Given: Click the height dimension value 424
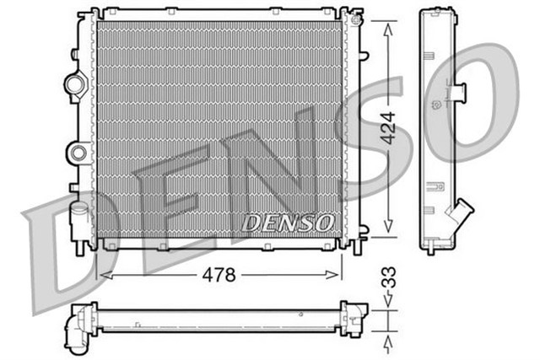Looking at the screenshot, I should coord(387,126).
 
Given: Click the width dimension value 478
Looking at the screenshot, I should coord(218,275).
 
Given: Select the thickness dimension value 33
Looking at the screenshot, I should coord(387,277).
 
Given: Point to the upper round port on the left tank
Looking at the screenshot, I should coord(75,84).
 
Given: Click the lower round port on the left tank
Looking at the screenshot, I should coord(78,153).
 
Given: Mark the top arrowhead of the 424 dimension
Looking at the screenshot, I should coord(387,29).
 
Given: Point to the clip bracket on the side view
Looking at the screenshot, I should coord(462,93).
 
